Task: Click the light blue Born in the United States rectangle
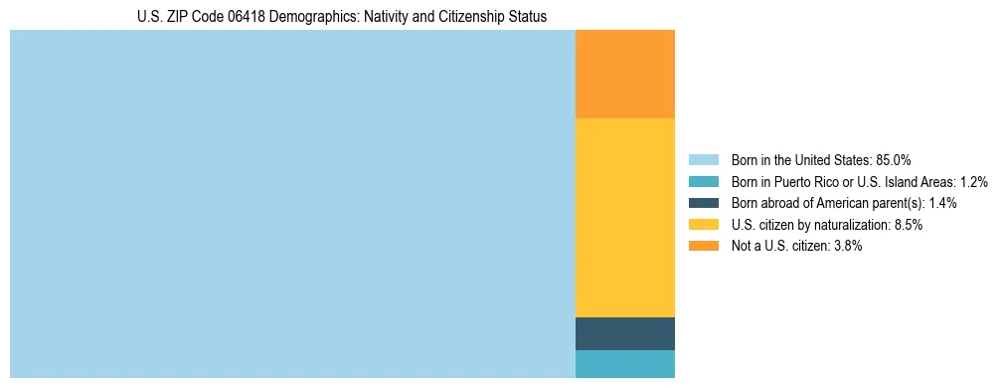(x=292, y=204)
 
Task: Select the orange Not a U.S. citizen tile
(x=625, y=75)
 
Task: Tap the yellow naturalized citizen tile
(x=625, y=217)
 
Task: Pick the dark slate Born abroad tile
(x=625, y=333)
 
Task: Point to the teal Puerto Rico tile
(x=625, y=364)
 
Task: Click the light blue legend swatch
(x=703, y=159)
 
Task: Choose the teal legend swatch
(x=703, y=181)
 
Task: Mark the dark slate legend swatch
(x=703, y=203)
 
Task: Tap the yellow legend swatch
(x=703, y=225)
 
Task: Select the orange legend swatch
(x=703, y=246)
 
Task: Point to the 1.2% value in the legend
(x=973, y=181)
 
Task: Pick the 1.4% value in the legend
(x=942, y=203)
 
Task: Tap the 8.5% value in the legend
(x=908, y=225)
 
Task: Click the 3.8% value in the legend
(x=848, y=246)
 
